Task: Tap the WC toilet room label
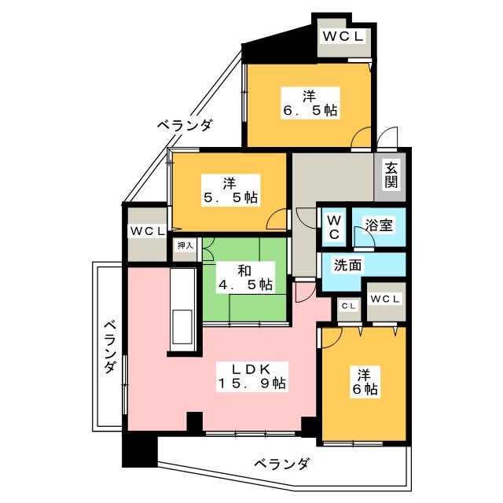coord(334,227)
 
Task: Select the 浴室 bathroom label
coord(379,225)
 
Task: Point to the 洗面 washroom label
coord(347,265)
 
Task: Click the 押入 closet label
coord(185,246)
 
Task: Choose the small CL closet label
coord(349,306)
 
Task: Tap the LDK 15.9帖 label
coord(251,376)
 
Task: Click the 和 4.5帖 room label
coord(245,277)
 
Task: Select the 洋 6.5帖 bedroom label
coord(310,103)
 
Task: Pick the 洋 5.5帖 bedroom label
coord(230,190)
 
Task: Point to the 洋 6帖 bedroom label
coord(365,382)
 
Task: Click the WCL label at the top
coord(343,36)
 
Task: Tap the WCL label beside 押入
coord(147,231)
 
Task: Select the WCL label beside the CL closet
coord(385,299)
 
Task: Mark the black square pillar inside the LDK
coord(195,421)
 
